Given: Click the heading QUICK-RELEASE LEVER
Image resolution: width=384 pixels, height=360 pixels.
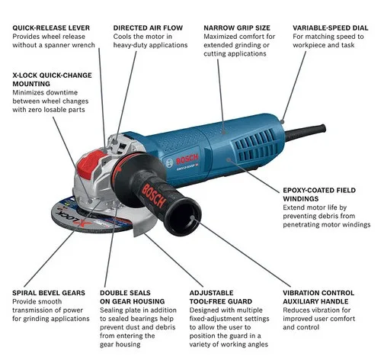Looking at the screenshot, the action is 51,27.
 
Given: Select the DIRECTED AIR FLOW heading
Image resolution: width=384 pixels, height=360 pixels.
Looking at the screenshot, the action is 148,27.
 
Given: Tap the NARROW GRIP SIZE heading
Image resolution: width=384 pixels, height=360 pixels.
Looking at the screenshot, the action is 237,27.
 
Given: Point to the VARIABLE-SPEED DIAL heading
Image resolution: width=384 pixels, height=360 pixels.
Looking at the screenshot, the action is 331,27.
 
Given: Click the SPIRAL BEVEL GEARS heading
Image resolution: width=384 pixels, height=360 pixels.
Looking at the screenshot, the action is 49,293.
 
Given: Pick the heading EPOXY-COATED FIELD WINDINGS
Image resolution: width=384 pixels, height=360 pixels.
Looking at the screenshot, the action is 319,194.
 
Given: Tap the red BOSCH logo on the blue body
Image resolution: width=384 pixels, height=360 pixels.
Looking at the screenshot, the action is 187,159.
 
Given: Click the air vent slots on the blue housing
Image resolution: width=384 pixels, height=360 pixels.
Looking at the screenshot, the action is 254,144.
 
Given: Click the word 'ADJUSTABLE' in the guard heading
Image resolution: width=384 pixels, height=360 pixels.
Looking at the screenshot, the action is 211,293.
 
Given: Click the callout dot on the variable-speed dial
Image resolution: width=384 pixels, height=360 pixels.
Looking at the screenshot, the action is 283,121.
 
